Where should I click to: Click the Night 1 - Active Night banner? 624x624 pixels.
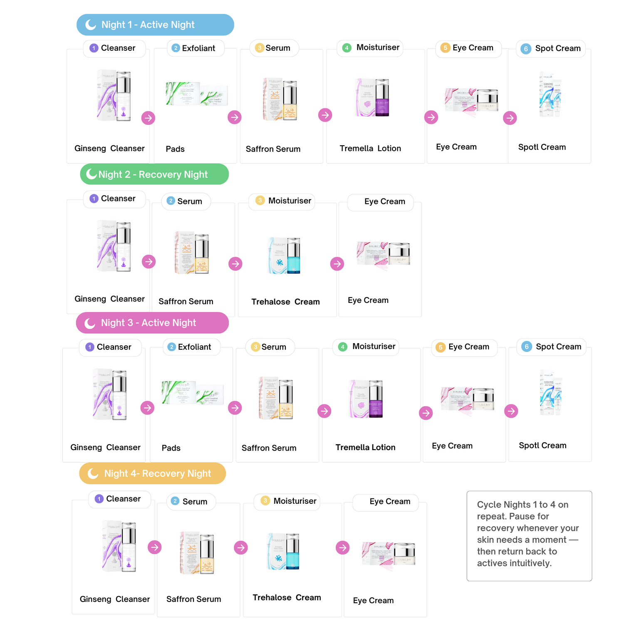coord(155,25)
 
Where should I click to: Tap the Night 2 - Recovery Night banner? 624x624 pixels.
coord(154,174)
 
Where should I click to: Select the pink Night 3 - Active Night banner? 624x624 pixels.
coord(152,323)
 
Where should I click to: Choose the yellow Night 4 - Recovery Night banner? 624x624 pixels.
coord(152,473)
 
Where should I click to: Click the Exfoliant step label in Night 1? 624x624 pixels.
coord(196,48)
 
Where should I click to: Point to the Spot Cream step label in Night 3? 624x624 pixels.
coord(552,347)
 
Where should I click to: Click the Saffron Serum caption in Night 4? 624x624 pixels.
coord(194,599)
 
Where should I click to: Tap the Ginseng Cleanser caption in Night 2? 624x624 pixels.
coord(109,299)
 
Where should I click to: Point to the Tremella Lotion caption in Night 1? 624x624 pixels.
coord(370,149)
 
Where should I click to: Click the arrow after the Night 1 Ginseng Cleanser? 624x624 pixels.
coord(148,118)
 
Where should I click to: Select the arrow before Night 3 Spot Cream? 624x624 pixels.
coord(511,411)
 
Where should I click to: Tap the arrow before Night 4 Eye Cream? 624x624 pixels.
coord(343,547)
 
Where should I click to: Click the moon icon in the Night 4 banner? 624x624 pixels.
coord(93,473)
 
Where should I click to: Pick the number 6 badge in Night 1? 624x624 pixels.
coord(526,49)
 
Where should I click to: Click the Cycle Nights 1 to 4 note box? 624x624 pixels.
coord(529,535)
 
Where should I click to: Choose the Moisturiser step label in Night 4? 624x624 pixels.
coord(290,501)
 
